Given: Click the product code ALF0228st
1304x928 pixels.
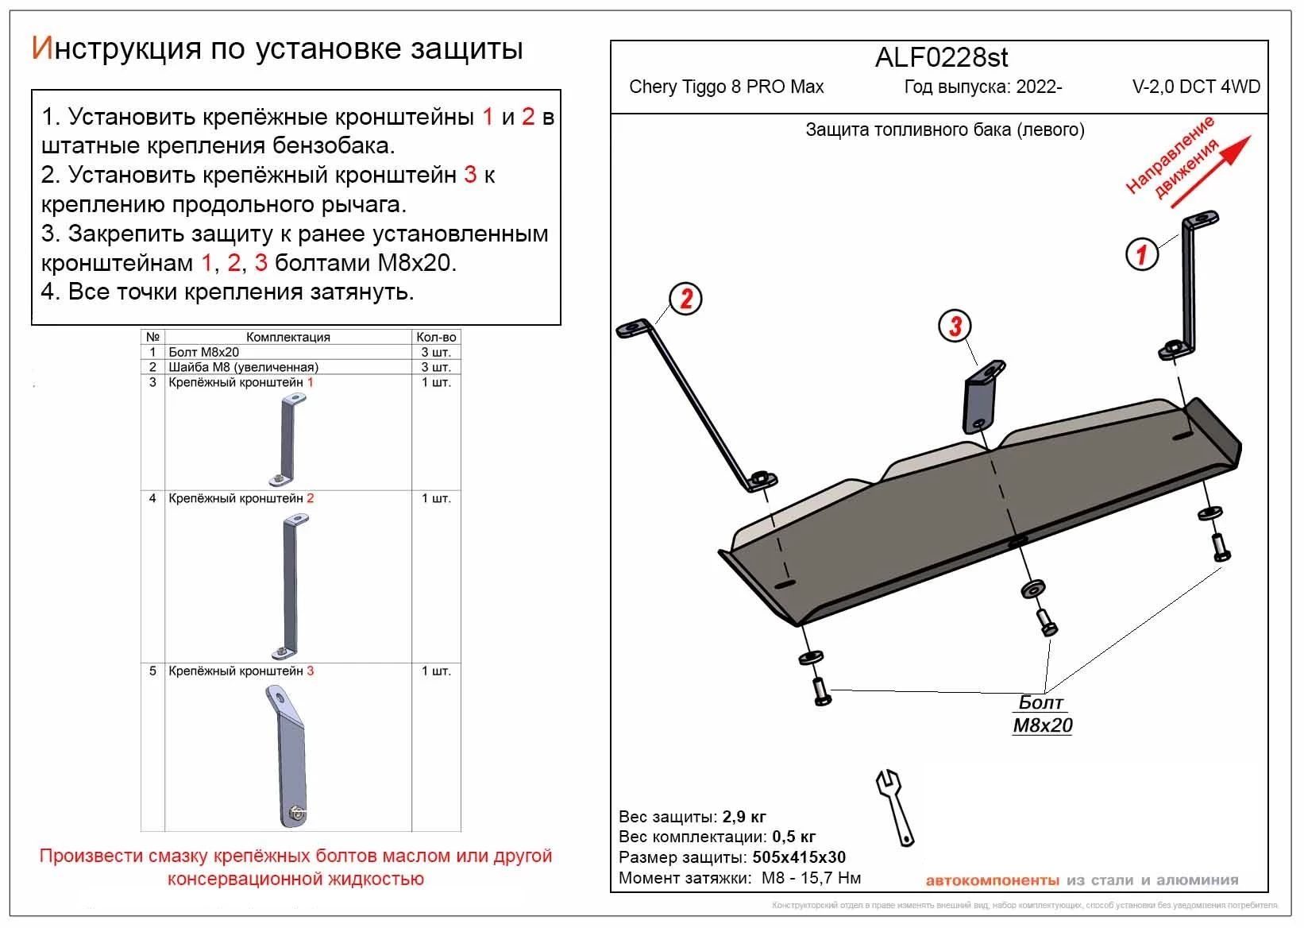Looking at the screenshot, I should coord(941,57).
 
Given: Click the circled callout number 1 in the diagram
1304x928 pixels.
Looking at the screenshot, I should coord(1141,254).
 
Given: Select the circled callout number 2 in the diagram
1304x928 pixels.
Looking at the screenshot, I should coord(686,299).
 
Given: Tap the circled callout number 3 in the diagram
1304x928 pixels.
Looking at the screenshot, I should coord(955,325).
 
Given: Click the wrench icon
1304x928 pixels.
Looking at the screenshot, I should coord(895,806).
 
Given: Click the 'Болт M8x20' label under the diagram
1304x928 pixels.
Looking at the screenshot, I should coord(1043,714).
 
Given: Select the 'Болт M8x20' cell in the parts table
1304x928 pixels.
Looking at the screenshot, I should coord(204,352).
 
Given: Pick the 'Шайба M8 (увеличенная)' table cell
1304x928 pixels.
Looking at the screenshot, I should coord(243,367).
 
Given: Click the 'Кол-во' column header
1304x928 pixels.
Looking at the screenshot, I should coord(436,337).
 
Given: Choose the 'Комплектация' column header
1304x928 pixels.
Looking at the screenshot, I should coord(287,337).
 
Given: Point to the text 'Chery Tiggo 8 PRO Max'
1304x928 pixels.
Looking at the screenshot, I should coord(726,87).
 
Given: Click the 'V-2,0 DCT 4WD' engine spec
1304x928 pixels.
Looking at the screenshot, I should coord(1196,87).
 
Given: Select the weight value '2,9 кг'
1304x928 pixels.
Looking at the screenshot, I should coord(744,817).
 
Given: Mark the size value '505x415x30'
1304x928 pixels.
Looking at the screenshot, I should coord(798,857).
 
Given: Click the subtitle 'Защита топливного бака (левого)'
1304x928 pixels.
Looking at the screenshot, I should coord(944,130).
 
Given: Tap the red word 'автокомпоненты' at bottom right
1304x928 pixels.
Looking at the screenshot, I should coord(992,880).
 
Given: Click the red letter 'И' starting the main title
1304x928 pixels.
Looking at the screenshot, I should coord(41,48).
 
